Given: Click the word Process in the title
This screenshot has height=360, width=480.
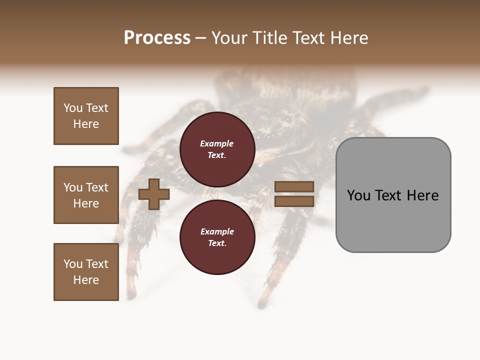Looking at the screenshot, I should (157, 38).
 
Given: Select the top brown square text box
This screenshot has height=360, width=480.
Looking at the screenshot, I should (86, 116).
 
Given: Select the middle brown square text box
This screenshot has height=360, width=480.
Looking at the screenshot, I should (86, 195).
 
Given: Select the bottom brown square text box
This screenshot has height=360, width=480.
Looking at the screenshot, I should (86, 272).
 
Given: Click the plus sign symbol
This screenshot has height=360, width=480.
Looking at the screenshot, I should (154, 194).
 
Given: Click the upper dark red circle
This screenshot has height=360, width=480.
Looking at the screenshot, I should (217, 149).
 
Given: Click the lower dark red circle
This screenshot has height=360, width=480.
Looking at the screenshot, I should (217, 237).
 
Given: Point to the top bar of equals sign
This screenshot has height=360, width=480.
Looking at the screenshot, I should (294, 187).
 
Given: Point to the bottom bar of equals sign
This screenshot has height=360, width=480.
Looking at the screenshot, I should (294, 201).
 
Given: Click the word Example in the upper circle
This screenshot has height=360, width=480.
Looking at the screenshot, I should (217, 143).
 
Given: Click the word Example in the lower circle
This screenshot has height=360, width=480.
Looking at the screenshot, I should (217, 231).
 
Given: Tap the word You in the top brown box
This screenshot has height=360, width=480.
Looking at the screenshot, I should (72, 108).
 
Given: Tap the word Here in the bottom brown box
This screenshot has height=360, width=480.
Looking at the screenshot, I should (86, 280).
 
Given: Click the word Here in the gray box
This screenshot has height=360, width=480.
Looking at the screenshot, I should (422, 195).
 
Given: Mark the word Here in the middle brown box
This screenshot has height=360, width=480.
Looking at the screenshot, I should (86, 203).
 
